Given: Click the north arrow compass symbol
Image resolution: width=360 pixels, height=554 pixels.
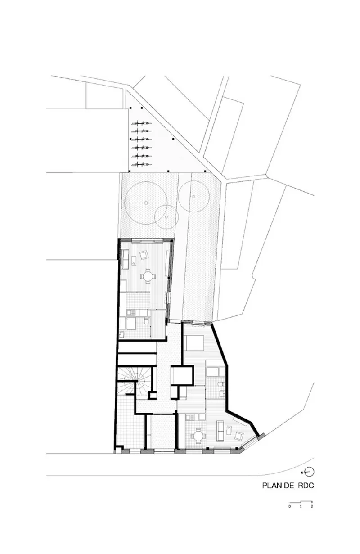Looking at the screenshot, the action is click(309, 472).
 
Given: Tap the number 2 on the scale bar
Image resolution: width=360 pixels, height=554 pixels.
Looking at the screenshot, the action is click(312, 506).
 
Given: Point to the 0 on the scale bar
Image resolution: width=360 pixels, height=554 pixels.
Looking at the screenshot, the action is click(289, 506).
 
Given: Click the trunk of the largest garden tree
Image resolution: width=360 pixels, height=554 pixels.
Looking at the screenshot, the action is click(146, 203).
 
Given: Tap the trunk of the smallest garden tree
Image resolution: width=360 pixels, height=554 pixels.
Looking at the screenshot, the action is click(166, 217).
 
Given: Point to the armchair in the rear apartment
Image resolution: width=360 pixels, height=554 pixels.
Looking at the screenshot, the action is click(144, 255).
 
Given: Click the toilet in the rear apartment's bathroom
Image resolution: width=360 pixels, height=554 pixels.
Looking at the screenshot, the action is click(146, 322).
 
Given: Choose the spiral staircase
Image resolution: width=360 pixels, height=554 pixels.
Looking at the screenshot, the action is click(134, 383).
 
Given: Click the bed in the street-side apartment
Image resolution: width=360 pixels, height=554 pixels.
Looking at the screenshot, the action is click(195, 343).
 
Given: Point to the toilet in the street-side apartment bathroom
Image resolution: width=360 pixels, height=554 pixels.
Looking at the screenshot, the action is click(220, 384).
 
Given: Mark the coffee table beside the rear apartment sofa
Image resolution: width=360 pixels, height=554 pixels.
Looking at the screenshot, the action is click(134, 261).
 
